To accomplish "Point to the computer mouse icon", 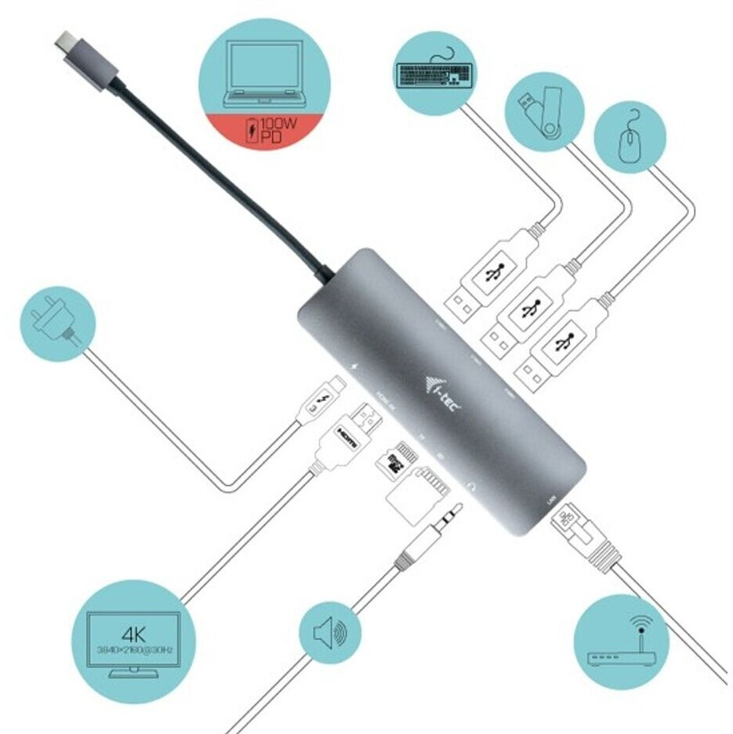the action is (631, 144).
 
